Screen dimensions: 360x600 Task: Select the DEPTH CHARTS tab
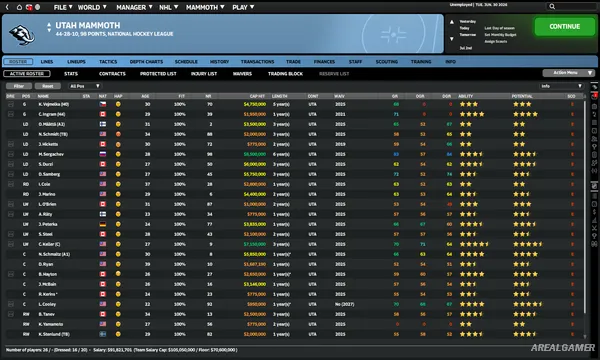[145, 61]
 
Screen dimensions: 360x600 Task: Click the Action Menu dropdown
[560, 73]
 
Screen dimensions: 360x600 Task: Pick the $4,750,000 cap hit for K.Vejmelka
[253, 103]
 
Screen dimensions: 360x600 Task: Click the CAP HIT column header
[253, 95]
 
